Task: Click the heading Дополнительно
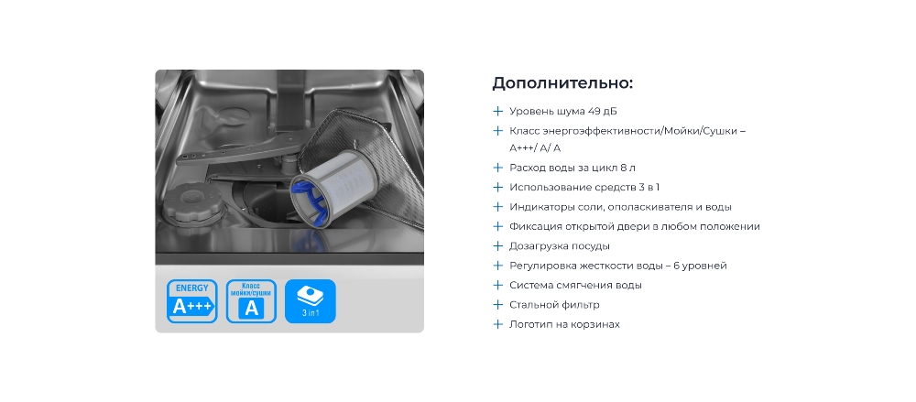[562, 83]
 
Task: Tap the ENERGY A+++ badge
[191, 301]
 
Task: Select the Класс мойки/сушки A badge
[251, 301]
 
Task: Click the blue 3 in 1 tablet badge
[311, 301]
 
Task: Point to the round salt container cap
[186, 203]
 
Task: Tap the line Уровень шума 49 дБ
[563, 111]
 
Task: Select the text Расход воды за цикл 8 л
[572, 168]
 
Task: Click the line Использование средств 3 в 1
[584, 188]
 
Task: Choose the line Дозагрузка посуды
[560, 246]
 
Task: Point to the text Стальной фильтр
[554, 304]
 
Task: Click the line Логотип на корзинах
[564, 324]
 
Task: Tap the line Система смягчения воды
[575, 285]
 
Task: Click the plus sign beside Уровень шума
[497, 111]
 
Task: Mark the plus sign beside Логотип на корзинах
[497, 324]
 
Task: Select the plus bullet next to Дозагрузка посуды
[497, 246]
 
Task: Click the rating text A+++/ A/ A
[535, 148]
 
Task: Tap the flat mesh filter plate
[374, 164]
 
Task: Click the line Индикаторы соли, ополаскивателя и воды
[620, 207]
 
